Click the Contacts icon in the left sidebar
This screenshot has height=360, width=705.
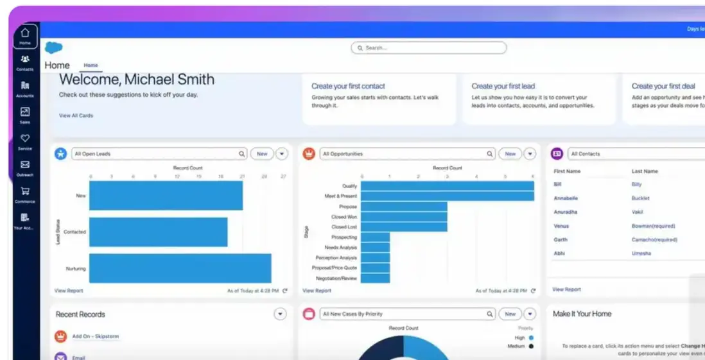tap(25, 60)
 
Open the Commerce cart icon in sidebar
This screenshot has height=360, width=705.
tap(25, 191)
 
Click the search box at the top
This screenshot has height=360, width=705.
tap(429, 48)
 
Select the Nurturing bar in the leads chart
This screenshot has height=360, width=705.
tap(180, 268)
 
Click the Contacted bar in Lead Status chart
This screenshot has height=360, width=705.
tap(158, 232)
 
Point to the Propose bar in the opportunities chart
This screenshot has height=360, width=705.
tap(404, 207)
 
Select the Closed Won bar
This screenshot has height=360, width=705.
tap(404, 217)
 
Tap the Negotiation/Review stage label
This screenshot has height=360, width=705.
tap(336, 279)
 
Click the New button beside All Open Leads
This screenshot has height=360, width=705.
tap(262, 154)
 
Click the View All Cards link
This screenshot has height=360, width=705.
tap(76, 116)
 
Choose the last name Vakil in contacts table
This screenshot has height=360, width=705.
tap(638, 212)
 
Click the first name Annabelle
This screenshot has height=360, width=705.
tap(566, 198)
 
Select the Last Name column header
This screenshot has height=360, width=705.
tap(645, 171)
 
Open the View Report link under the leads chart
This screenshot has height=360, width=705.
tap(69, 291)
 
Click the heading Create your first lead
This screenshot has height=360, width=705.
tap(503, 86)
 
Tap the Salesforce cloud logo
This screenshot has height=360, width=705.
tap(54, 47)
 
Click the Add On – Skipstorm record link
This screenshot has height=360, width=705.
tap(95, 336)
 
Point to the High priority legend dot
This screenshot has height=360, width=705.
tap(532, 338)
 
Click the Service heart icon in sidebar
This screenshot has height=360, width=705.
tap(25, 139)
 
